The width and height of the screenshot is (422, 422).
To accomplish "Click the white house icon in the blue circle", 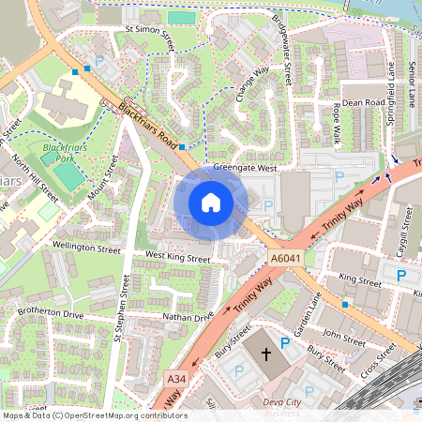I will [211, 202].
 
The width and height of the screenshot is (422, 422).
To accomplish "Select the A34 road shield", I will [175, 378].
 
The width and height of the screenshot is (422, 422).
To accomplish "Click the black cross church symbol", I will [265, 355].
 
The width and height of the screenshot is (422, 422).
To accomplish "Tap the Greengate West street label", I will [245, 169].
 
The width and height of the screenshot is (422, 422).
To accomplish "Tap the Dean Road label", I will [364, 102].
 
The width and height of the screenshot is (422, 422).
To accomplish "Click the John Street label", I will [343, 332].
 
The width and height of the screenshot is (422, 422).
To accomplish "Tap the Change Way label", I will [252, 82].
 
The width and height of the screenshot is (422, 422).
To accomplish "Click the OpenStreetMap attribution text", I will [94, 415].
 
